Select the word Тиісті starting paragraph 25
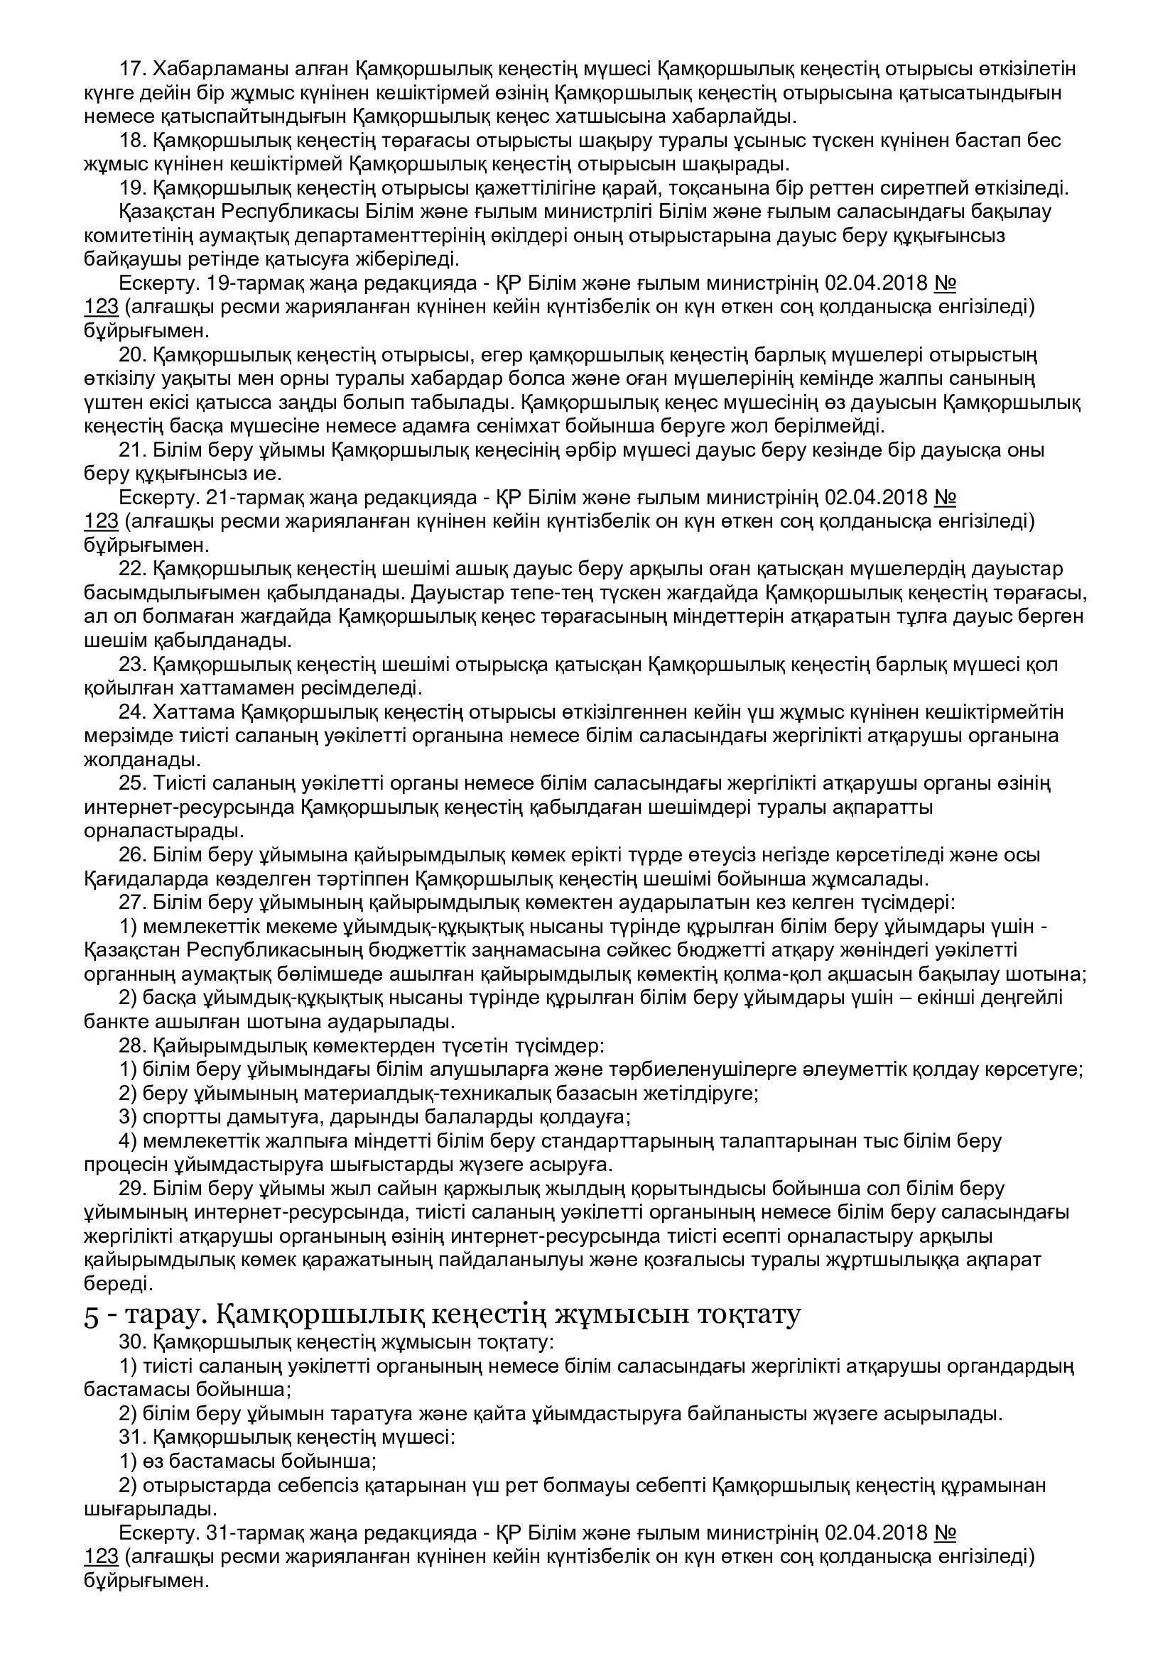click(179, 783)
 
